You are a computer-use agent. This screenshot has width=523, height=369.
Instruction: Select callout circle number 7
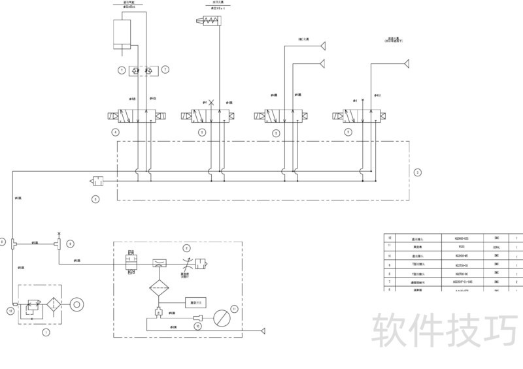click(x=165, y=69)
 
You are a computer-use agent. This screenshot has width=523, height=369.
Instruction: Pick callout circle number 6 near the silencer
click(x=95, y=199)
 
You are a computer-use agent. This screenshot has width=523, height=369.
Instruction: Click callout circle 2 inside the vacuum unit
click(x=186, y=248)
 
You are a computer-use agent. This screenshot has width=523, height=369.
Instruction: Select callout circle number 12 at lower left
click(x=10, y=312)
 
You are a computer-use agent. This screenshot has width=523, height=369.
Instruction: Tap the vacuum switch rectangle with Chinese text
click(x=195, y=302)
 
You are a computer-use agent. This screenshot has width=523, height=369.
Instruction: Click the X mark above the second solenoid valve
click(x=211, y=103)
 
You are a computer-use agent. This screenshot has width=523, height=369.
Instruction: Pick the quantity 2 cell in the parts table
click(x=516, y=281)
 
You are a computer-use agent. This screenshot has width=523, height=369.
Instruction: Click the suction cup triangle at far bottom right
click(x=263, y=330)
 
